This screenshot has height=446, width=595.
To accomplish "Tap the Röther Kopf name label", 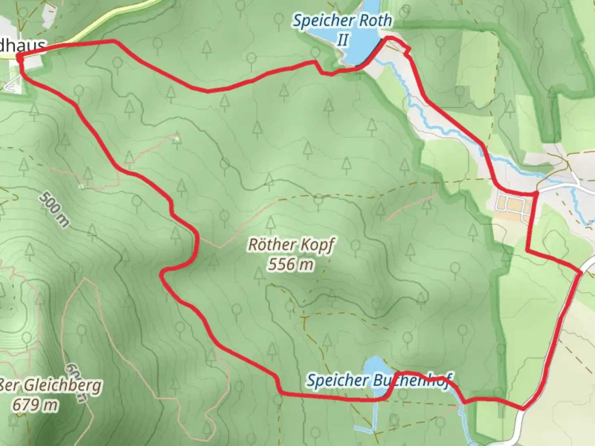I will [290, 244].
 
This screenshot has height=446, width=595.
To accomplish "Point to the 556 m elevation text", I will [290, 264].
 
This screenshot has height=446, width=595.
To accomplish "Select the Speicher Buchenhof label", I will [378, 380].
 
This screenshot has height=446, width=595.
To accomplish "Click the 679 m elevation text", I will [35, 405].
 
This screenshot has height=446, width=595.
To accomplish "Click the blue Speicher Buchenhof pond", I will [374, 365].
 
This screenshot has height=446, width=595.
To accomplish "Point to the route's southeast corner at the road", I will [523, 408].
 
